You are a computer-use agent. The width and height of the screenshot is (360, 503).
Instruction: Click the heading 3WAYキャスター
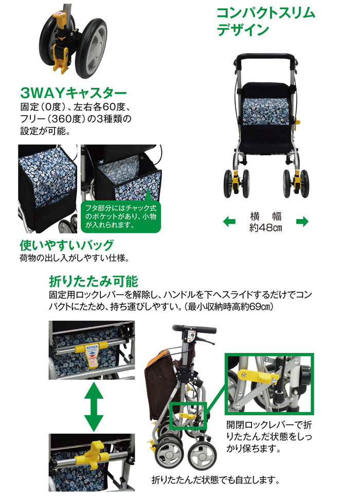click(x=74, y=93)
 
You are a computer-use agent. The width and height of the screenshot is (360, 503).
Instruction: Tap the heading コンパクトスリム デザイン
click(x=266, y=22)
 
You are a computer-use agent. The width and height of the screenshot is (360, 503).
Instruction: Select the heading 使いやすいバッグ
click(x=67, y=245)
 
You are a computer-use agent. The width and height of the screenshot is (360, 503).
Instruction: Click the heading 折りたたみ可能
click(x=94, y=282)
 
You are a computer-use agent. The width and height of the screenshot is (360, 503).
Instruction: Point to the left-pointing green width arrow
click(x=229, y=221)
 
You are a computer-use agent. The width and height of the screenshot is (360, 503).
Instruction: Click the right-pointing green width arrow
click(x=302, y=221)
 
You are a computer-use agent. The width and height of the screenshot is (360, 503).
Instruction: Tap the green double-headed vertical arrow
click(x=94, y=407)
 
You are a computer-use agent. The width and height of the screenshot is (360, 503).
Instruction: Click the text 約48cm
click(x=265, y=228)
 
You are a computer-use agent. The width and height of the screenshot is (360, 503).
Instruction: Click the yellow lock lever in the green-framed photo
click(x=258, y=376)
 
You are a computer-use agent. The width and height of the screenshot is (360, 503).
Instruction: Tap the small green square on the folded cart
click(x=188, y=416)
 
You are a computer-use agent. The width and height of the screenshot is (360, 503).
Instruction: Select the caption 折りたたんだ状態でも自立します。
click(x=215, y=480)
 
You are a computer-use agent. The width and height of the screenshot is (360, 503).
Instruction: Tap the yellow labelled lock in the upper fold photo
click(x=92, y=356)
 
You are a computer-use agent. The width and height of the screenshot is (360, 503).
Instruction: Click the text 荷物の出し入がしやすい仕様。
click(x=75, y=258)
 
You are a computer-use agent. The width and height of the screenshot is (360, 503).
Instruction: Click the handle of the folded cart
click(x=194, y=329)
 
